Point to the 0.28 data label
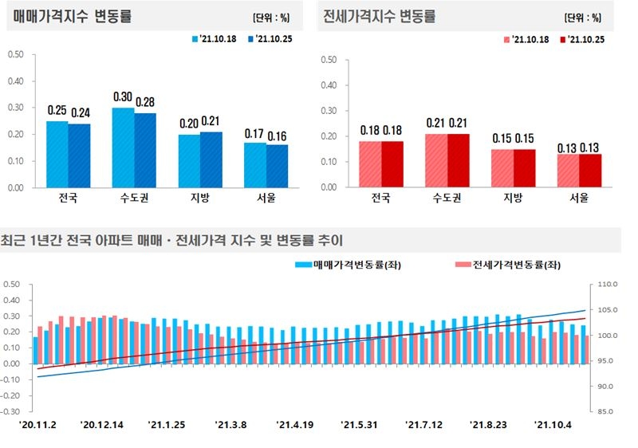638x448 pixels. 145,102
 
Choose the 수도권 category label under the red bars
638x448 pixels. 446,198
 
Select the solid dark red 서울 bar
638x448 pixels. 589,171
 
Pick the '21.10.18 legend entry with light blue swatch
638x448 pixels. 211,38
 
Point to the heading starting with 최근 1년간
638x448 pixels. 171,239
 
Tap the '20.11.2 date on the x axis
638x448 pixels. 37,425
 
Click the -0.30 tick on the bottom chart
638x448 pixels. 11,412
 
